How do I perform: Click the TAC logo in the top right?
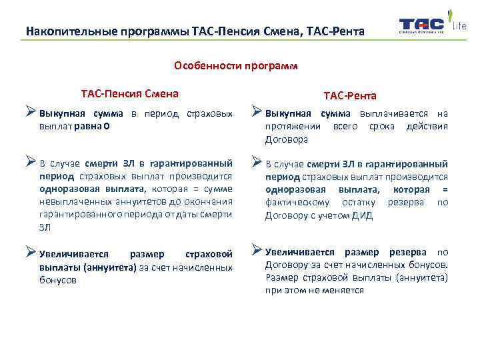point(421,26)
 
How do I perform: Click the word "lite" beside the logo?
point(459,26)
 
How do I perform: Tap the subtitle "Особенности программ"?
point(235,66)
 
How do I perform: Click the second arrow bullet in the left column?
point(31,161)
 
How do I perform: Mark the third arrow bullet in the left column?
point(31,253)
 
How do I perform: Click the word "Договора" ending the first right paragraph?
point(287,139)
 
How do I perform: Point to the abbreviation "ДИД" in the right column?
point(363,215)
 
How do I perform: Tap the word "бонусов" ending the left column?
point(58,280)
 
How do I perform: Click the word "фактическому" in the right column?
point(294,202)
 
